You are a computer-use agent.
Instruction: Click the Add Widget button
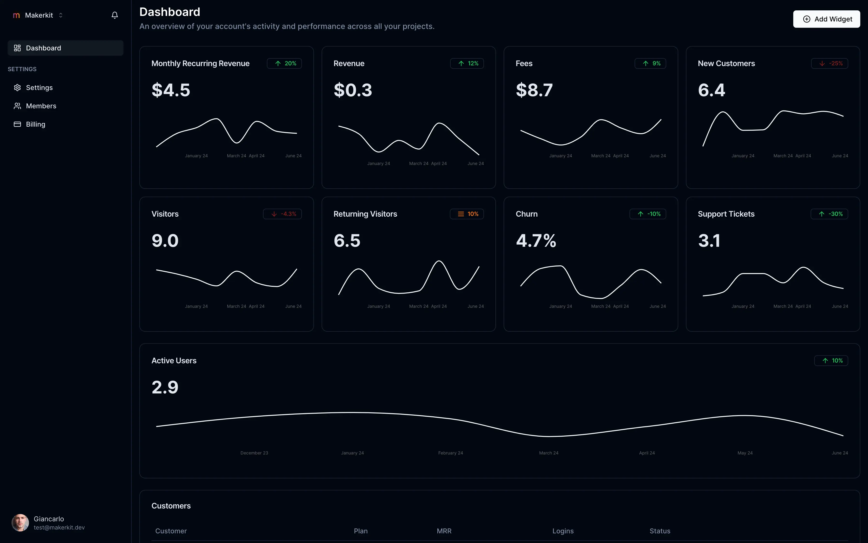click(826, 19)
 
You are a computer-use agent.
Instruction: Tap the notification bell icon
click(115, 15)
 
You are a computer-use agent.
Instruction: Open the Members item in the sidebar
click(41, 106)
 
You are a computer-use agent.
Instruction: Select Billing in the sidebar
click(35, 124)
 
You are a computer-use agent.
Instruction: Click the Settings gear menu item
click(39, 88)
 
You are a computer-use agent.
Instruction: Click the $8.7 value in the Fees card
click(534, 90)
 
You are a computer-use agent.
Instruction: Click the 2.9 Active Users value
click(165, 387)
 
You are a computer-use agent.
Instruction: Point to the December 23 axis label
click(254, 453)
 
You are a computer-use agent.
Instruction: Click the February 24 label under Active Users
click(450, 453)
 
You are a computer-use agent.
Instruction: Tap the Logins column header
click(563, 531)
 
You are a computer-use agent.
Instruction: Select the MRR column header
click(444, 531)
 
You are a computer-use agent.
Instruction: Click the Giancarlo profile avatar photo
click(20, 522)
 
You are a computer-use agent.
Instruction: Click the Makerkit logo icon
click(16, 15)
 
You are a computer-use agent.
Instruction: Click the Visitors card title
click(165, 214)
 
